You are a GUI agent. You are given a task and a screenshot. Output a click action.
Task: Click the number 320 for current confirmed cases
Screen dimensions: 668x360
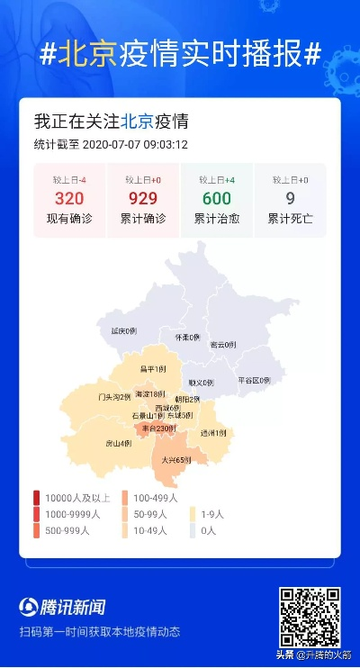point(69,199)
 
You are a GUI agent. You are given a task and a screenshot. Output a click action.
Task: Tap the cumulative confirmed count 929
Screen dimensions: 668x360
point(143,199)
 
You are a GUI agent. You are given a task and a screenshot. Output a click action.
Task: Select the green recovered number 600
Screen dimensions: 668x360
point(217,199)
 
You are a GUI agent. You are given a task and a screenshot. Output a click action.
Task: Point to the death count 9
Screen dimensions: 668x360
point(290,199)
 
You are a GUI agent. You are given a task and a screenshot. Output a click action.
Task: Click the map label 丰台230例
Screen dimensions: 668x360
point(159,429)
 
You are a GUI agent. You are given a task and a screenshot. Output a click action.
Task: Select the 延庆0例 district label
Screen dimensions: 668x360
point(123,331)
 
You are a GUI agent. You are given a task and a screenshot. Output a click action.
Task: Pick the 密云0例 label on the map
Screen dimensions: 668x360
point(222,345)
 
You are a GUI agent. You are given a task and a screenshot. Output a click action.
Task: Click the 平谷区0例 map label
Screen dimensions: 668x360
point(254,380)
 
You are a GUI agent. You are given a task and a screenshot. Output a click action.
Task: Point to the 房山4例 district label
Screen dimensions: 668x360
point(119,443)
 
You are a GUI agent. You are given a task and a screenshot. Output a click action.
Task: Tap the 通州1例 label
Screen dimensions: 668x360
point(213,433)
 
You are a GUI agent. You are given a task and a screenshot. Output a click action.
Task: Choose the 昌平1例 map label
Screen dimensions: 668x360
point(154,369)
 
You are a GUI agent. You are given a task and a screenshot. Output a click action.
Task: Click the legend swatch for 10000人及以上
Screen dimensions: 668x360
point(36,498)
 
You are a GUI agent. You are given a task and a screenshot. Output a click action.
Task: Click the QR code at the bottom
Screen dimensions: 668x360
point(309,616)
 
